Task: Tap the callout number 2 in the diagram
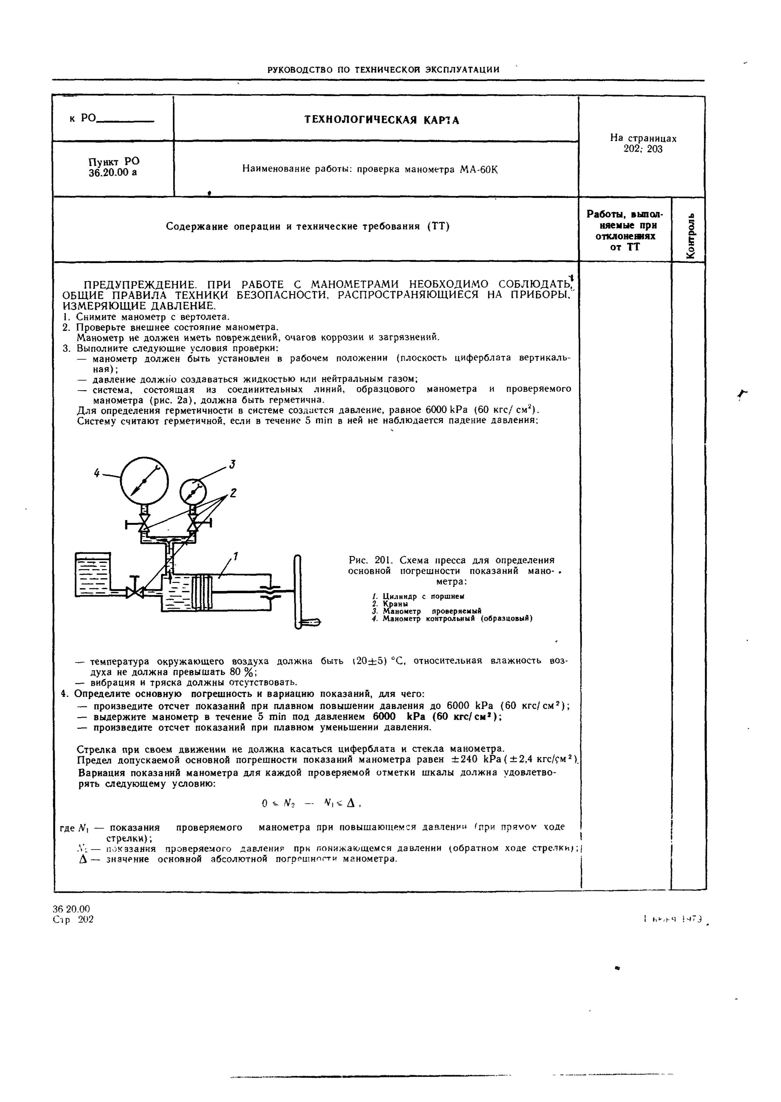click(233, 493)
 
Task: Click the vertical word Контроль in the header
click(691, 235)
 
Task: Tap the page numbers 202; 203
click(643, 150)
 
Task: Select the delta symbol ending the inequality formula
click(350, 803)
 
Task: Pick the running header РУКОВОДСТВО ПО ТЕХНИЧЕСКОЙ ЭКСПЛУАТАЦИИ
click(383, 70)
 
